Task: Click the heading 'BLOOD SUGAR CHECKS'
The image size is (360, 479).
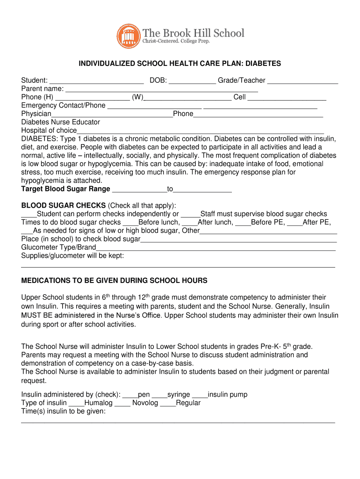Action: pyautogui.click(x=64, y=206)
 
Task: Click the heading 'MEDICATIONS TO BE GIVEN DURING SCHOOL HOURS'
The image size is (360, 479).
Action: pyautogui.click(x=115, y=281)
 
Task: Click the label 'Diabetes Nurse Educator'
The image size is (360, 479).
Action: pyautogui.click(x=61, y=122)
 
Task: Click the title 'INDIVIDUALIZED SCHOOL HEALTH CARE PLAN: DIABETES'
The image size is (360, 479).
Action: pyautogui.click(x=180, y=63)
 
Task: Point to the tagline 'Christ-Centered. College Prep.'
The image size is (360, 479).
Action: pyautogui.click(x=176, y=42)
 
